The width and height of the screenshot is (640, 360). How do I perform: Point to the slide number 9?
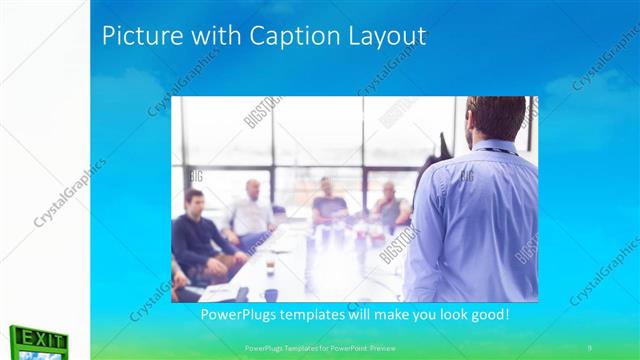coord(589,347)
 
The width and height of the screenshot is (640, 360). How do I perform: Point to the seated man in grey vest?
coord(388,205)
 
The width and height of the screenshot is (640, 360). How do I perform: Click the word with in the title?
coord(199,36)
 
